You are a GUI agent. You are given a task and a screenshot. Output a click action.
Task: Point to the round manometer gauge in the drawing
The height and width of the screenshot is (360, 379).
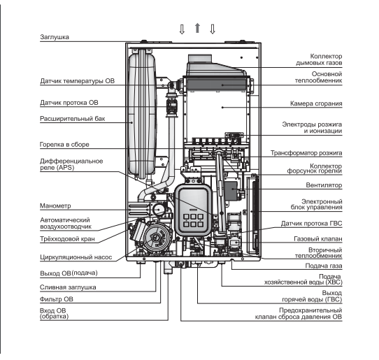tap(159, 209)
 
